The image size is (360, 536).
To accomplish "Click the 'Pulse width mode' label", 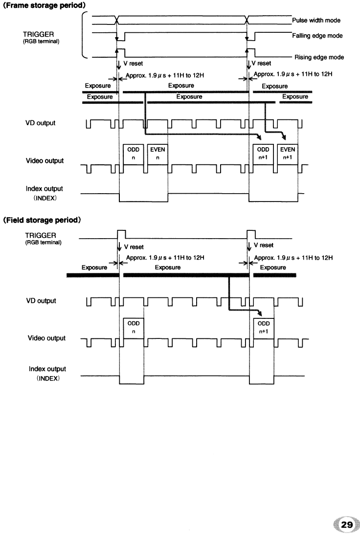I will tap(316, 21).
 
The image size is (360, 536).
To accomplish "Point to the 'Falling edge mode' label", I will tap(317, 36).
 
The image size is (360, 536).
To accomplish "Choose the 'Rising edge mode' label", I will tap(318, 57).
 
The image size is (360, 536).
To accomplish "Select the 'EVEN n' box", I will tap(158, 155).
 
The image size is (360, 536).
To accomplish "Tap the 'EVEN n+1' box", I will tap(288, 155).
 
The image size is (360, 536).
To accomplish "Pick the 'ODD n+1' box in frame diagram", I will tap(263, 155).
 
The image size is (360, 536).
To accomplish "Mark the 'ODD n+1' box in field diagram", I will tap(263, 327).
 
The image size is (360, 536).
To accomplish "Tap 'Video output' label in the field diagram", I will tap(46, 338).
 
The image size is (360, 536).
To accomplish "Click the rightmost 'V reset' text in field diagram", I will tap(263, 246).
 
